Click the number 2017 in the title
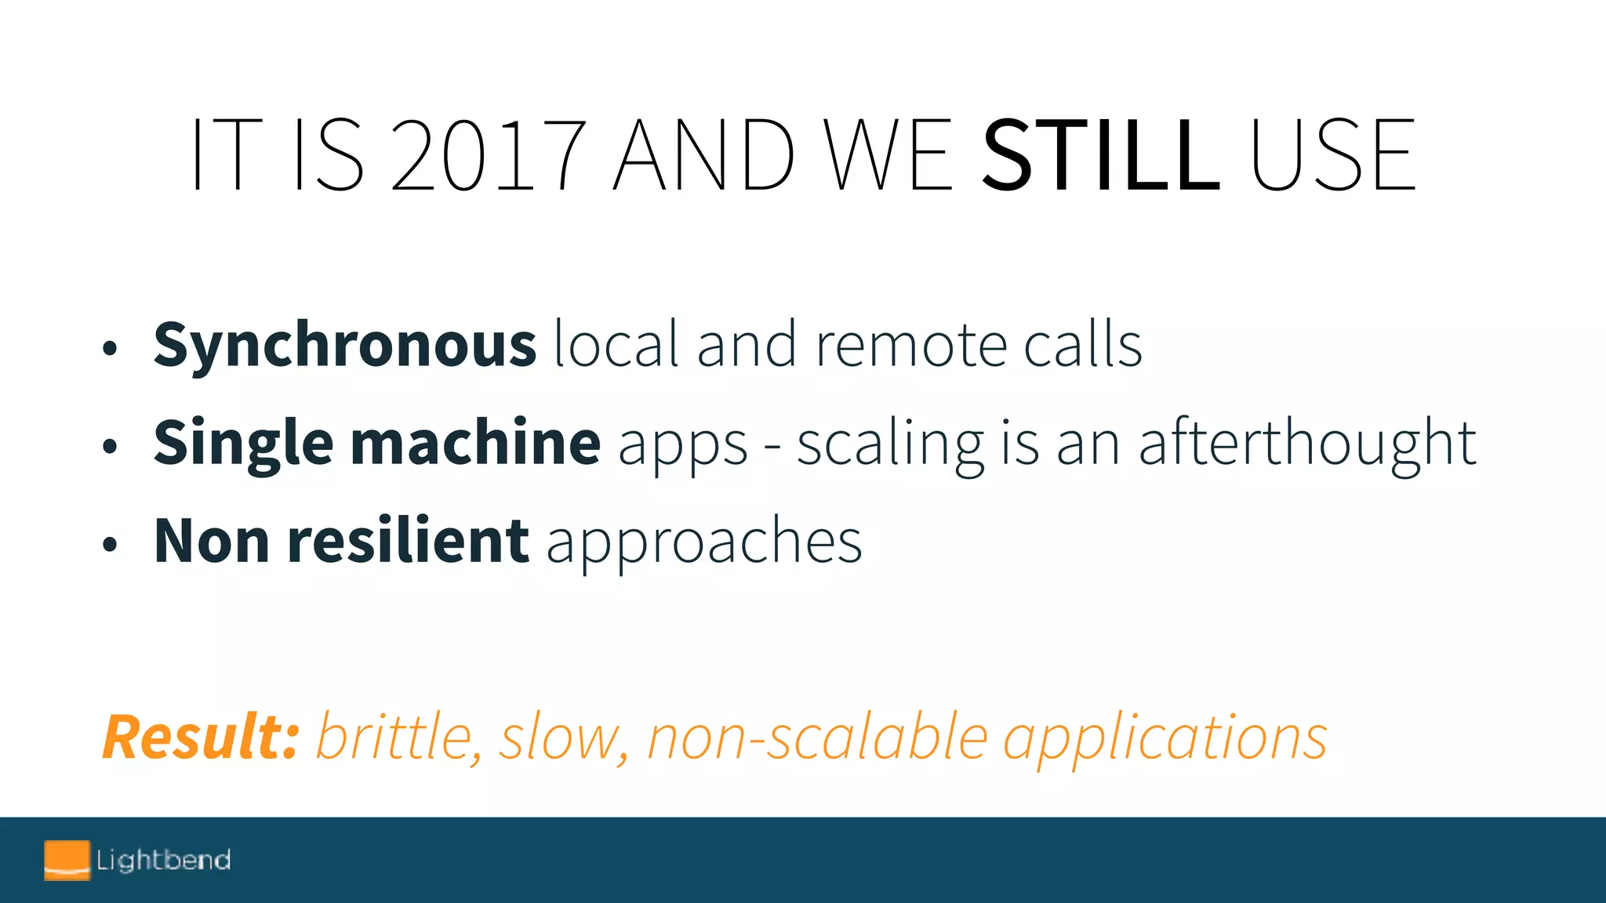[488, 154]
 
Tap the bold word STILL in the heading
[1100, 154]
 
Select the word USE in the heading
[1332, 154]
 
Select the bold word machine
[475, 443]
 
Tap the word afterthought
[1307, 444]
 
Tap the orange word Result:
[201, 738]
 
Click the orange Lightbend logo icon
[67, 860]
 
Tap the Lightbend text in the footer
[163, 860]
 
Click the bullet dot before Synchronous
[110, 348]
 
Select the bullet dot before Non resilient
[110, 544]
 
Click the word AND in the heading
[703, 154]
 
